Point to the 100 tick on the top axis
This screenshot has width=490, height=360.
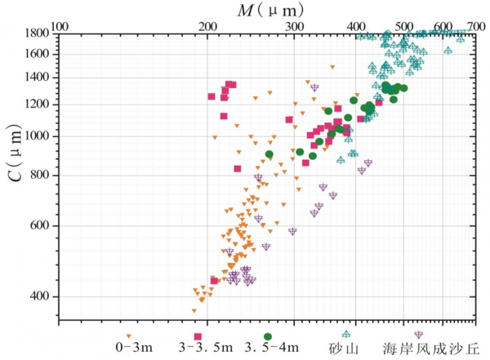[x=60, y=25]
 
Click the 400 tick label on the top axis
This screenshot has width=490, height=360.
[x=356, y=25]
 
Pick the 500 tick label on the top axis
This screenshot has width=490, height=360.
[x=404, y=25]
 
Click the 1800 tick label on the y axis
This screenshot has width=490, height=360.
[x=38, y=34]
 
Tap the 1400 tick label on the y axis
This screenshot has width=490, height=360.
[x=38, y=78]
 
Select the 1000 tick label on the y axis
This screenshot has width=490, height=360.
[x=38, y=136]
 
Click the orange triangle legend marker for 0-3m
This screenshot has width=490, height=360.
[x=129, y=336]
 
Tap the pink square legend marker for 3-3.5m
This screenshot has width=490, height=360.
[x=198, y=336]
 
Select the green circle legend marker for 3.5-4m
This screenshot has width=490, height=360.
[x=267, y=336]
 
